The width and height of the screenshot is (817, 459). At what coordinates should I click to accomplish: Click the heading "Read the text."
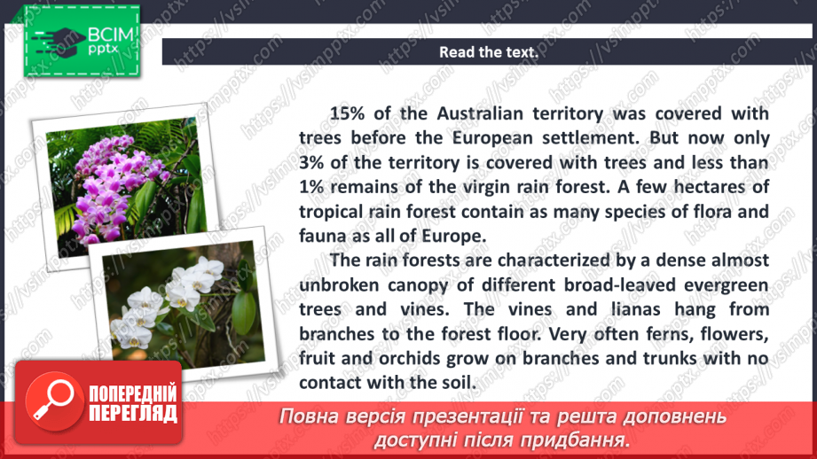click(x=489, y=52)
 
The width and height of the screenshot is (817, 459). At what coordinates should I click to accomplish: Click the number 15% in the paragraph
click(x=348, y=114)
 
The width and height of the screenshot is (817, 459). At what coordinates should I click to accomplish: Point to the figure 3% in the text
click(x=314, y=163)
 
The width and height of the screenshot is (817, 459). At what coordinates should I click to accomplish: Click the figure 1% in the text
click(x=314, y=187)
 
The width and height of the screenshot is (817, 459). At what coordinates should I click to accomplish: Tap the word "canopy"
click(x=418, y=285)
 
